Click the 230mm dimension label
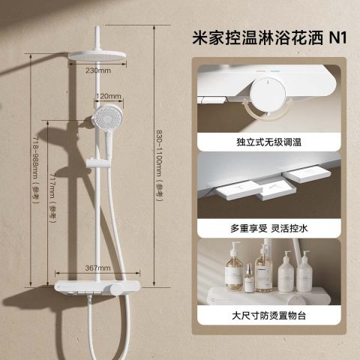coord(98,70)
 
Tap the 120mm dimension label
coord(109,96)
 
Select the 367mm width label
coord(97,268)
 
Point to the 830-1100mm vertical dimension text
coord(159,166)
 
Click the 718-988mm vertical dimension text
coord(35,169)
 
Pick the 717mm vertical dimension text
coord(53,194)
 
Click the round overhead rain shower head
coord(97,55)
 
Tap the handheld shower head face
coord(108,117)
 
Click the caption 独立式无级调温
coord(269,142)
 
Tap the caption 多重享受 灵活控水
coord(269,228)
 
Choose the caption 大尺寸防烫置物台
coord(269,315)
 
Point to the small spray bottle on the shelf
coord(249,278)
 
